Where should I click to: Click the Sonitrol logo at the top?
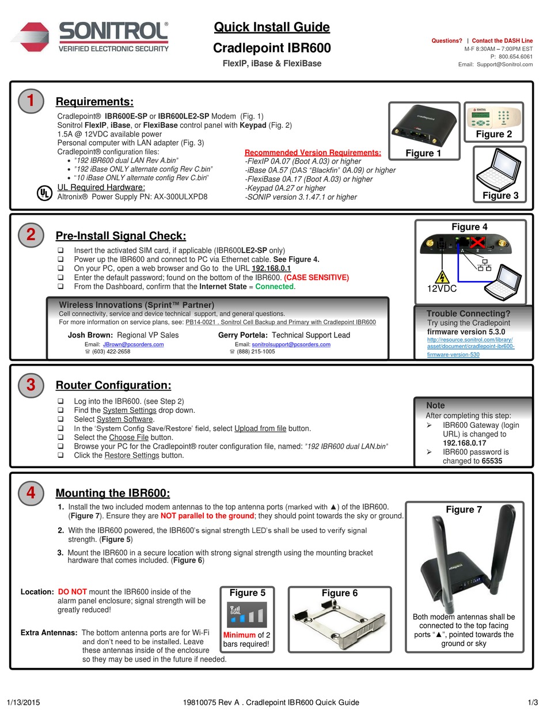(90, 37)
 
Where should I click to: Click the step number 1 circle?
(31, 101)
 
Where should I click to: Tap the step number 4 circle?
(31, 492)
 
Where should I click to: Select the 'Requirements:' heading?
(94, 102)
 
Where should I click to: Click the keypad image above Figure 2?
(493, 117)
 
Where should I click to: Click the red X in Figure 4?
(477, 242)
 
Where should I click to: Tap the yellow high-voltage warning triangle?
(442, 276)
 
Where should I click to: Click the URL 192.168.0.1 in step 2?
(271, 268)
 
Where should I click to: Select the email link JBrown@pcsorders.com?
(134, 344)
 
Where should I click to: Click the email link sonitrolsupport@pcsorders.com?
(291, 344)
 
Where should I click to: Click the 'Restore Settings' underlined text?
(131, 455)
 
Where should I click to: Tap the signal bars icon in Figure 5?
(248, 615)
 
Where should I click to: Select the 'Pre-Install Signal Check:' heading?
(121, 236)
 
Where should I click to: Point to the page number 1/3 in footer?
(533, 702)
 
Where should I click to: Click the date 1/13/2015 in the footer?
(23, 702)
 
